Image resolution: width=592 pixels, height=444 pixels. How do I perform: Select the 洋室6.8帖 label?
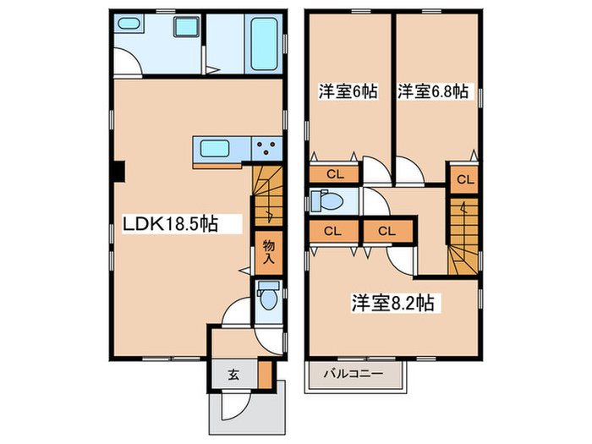point(433,92)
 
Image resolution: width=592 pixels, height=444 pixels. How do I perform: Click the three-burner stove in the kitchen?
point(268,149)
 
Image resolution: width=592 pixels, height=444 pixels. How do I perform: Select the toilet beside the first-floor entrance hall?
point(268,299)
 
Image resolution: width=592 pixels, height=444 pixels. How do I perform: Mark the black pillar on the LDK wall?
point(120,172)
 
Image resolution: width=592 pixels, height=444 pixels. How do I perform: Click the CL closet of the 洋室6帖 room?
point(335,175)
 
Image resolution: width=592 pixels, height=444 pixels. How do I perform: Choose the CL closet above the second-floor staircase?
point(463,178)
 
